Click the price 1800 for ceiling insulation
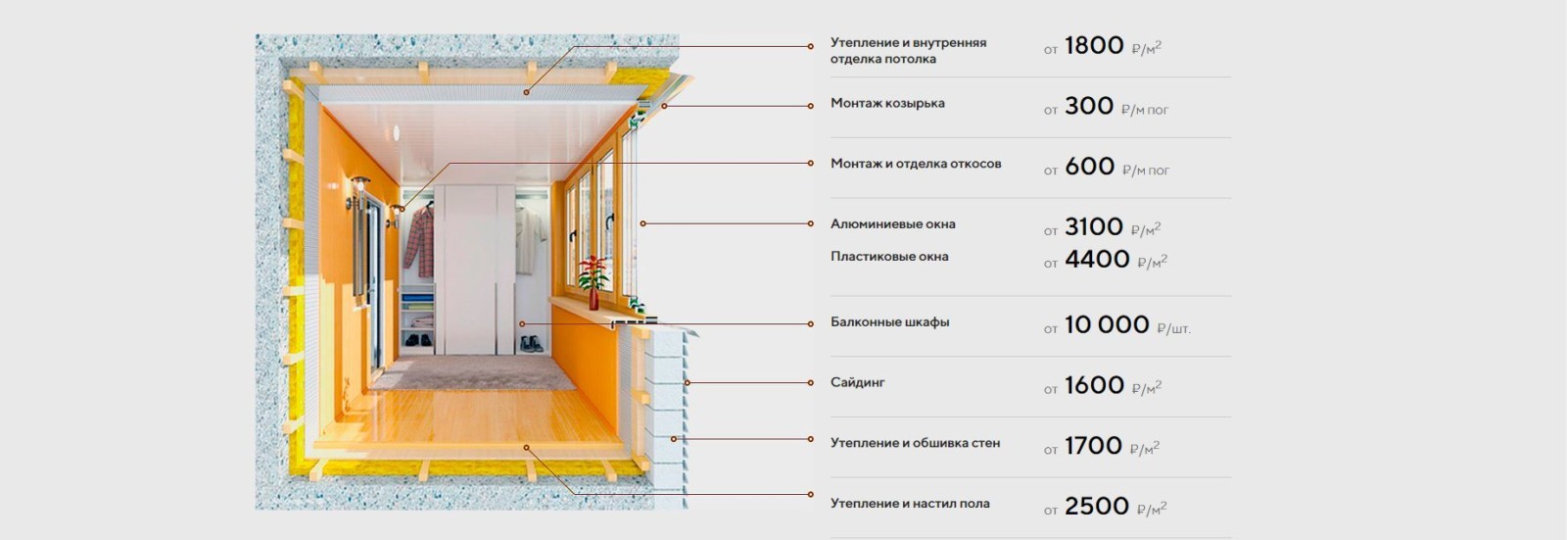point(1094,45)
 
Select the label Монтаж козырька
point(887,103)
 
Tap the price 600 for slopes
point(1089,167)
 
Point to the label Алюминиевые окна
point(892,224)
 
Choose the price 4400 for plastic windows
point(1097,259)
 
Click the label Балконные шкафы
point(890,322)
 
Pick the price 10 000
point(1107,325)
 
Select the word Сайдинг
point(858,382)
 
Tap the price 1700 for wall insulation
point(1093,446)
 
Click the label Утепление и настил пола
point(910,504)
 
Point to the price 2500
point(1097,507)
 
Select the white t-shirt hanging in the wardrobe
point(531,230)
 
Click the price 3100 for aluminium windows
point(1094,227)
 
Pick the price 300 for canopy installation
point(1089,106)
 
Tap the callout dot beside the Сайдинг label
point(811,382)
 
